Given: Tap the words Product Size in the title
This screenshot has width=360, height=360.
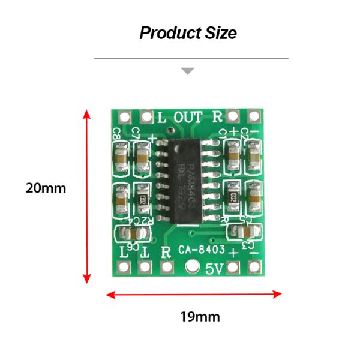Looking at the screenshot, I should [188, 32].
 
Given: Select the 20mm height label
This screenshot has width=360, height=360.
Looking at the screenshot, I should [46, 188].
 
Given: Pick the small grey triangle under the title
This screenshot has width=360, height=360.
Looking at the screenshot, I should [188, 71].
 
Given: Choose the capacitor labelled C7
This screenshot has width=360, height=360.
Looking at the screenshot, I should [143, 157].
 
